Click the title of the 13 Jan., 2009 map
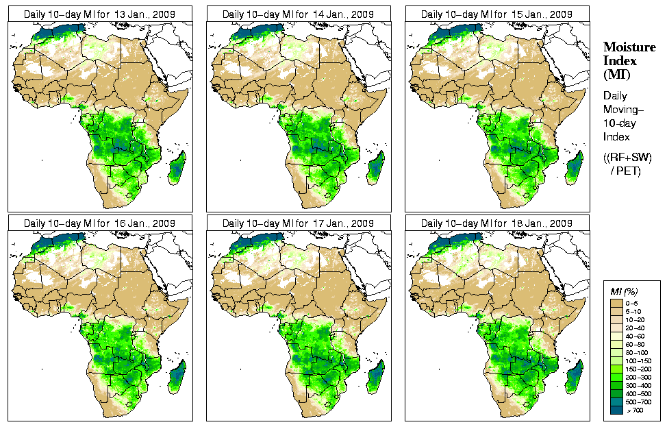(x=99, y=14)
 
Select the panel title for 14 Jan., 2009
(x=298, y=14)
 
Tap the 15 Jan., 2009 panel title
(x=496, y=14)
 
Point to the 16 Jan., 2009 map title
(x=99, y=223)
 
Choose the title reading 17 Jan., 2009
(x=298, y=223)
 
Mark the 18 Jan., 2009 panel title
(x=496, y=223)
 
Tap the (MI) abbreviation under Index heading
(x=616, y=74)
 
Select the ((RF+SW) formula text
(x=628, y=158)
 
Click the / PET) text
(x=626, y=171)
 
